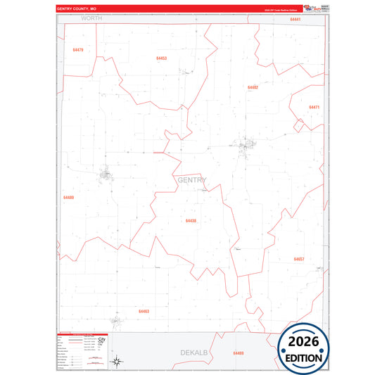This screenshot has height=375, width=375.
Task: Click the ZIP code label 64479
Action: pyautogui.click(x=77, y=50)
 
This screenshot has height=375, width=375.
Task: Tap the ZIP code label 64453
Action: pyautogui.click(x=161, y=58)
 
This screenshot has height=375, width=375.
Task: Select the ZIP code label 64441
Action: pyautogui.click(x=295, y=20)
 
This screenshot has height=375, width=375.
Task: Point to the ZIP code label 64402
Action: pyautogui.click(x=253, y=87)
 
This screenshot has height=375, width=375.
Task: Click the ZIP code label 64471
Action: pyautogui.click(x=314, y=107)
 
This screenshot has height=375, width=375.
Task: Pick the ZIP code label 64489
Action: pyautogui.click(x=68, y=198)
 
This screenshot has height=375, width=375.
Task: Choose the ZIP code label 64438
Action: pyautogui.click(x=191, y=221)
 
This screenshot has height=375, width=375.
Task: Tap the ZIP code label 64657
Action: pyautogui.click(x=299, y=259)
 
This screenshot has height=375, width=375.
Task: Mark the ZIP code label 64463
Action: pyautogui.click(x=144, y=311)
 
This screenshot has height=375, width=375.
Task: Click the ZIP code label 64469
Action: pyautogui.click(x=238, y=352)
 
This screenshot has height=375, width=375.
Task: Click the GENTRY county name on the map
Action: pyautogui.click(x=192, y=180)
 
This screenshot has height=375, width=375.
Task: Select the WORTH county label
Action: pyautogui.click(x=91, y=18)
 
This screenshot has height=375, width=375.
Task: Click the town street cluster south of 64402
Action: pyautogui.click(x=248, y=146)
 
